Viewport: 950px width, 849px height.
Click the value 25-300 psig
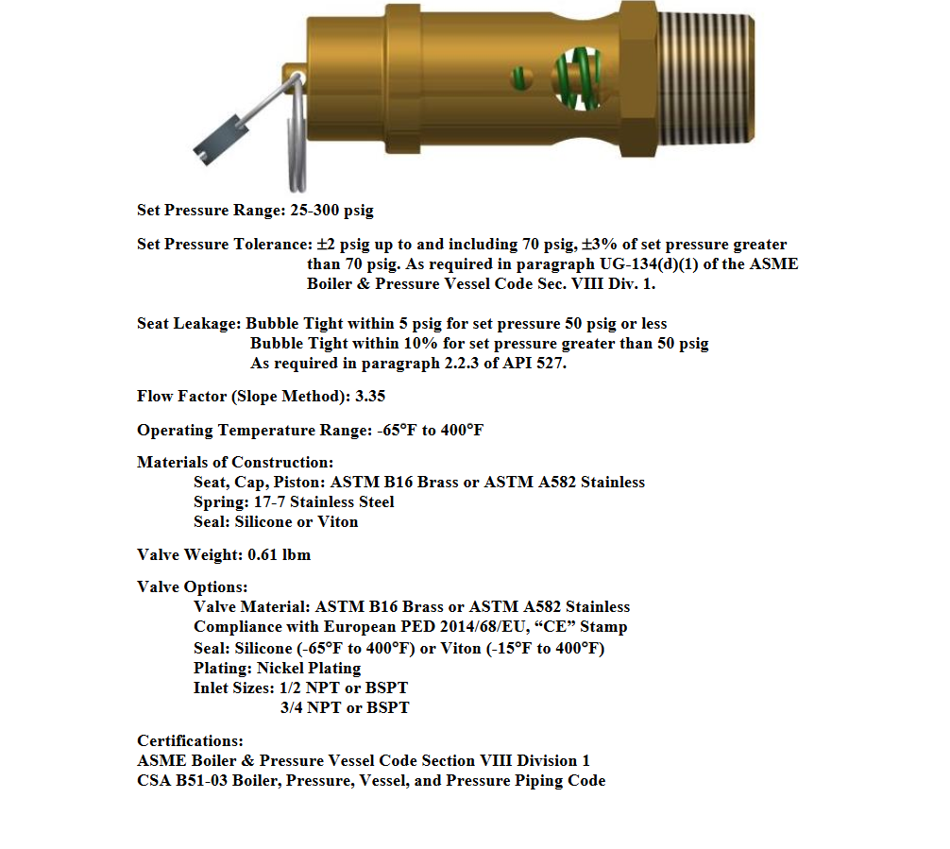343,211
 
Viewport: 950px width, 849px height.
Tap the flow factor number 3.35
369,396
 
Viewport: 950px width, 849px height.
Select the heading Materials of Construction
235,462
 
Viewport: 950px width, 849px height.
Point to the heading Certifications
190,740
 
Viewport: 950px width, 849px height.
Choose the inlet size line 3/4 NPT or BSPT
345,707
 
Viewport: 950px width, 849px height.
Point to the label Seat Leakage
189,323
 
